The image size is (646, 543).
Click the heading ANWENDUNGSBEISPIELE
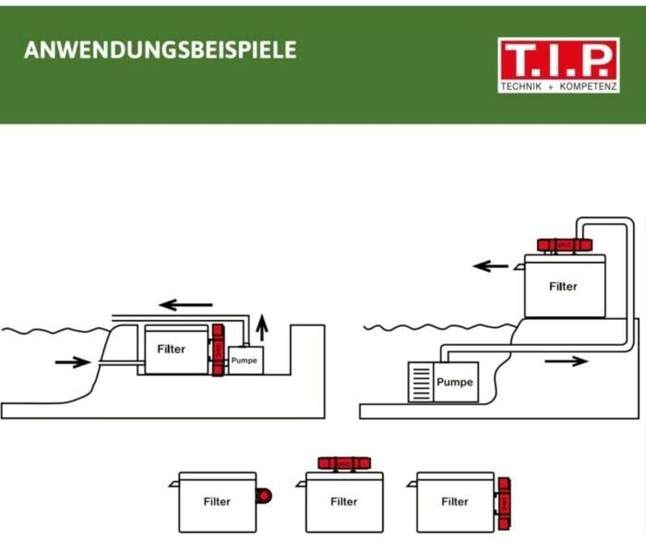point(160,50)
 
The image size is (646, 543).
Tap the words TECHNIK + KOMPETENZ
point(559,85)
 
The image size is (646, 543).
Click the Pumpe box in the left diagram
point(245,360)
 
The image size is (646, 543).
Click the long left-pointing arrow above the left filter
point(185,305)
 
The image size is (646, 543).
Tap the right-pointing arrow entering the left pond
point(73,362)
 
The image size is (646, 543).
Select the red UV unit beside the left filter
point(217,351)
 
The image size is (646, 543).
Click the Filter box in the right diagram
point(563,286)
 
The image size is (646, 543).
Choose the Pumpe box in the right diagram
point(455,381)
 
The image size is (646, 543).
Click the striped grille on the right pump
point(421,381)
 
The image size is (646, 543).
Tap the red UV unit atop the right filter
point(565,244)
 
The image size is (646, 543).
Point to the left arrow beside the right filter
point(490,266)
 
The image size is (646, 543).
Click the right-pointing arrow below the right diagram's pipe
point(566,361)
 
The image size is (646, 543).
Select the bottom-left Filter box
point(217,502)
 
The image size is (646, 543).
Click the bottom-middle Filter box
point(344,502)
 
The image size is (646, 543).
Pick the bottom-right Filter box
point(455,502)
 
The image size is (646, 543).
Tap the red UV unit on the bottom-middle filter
point(344,463)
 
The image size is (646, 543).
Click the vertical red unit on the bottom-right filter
point(503,502)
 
